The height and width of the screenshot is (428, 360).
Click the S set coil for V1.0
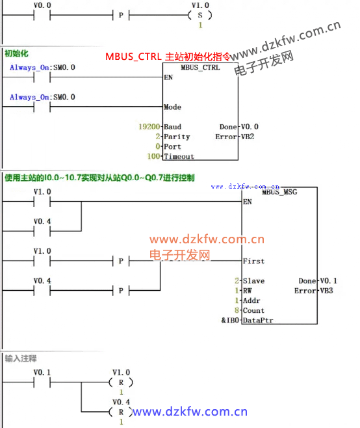200,15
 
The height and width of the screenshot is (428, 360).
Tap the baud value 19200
149,127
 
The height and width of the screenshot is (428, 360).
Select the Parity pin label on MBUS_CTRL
177,137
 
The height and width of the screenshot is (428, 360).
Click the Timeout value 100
153,156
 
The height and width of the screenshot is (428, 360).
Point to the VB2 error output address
248,137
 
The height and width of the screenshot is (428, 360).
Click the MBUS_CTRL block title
200,68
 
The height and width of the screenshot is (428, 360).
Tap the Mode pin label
172,107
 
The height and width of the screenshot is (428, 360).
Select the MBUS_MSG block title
279,192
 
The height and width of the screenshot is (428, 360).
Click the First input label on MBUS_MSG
253,261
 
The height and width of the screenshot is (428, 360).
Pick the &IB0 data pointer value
230,320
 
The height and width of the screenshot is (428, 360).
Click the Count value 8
237,310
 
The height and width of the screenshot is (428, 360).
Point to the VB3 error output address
326,290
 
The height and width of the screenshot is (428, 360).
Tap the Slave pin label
253,281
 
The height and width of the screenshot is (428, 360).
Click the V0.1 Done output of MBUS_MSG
328,280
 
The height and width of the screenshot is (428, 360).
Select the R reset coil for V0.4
121,412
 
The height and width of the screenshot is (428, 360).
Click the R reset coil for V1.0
121,382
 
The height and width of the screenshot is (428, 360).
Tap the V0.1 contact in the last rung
42,382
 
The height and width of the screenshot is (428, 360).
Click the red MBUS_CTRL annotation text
168,57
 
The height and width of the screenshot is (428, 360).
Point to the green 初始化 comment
16,53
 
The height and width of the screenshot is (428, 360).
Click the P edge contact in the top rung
121,15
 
